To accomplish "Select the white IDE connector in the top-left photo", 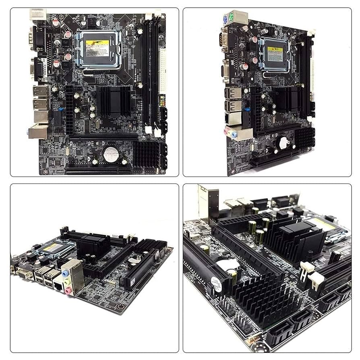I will tap(163, 73).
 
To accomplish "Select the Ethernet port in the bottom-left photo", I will tap(58, 286).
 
